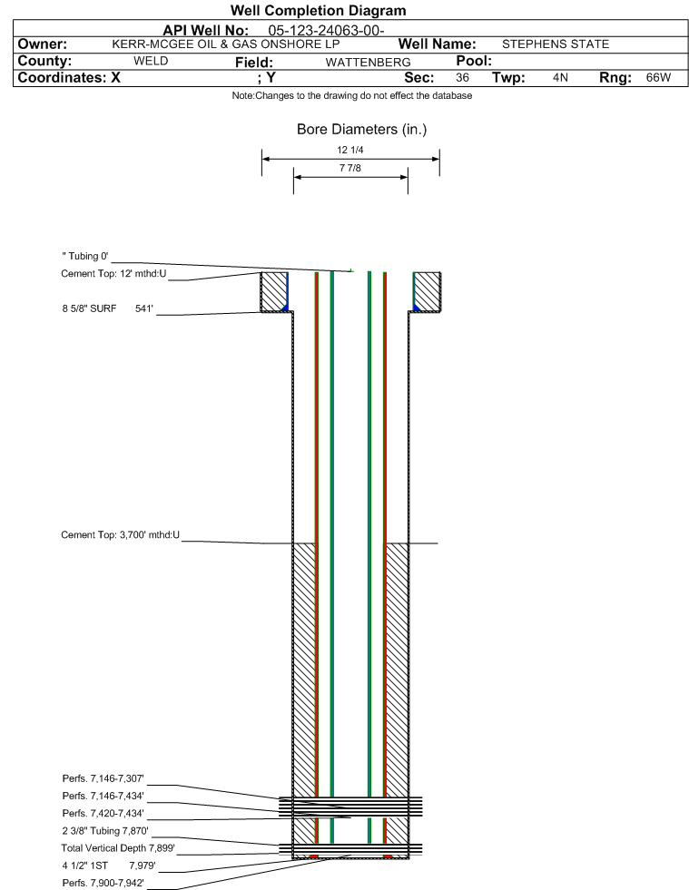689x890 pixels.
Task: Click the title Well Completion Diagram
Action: pyautogui.click(x=318, y=10)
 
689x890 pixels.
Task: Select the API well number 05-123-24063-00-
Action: pyautogui.click(x=326, y=30)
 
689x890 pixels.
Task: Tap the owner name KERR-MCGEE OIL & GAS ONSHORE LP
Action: pyautogui.click(x=226, y=44)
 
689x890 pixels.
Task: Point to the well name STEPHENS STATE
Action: pyautogui.click(x=556, y=44)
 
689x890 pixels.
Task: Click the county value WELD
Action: pyautogui.click(x=151, y=61)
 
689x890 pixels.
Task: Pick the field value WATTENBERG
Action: pyautogui.click(x=368, y=62)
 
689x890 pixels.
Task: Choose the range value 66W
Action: pyautogui.click(x=658, y=77)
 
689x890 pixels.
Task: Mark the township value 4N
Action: pyautogui.click(x=560, y=77)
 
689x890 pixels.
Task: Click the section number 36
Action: pyautogui.click(x=462, y=77)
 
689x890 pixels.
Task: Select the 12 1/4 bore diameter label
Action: pyautogui.click(x=349, y=150)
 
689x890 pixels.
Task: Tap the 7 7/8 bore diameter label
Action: pyautogui.click(x=349, y=168)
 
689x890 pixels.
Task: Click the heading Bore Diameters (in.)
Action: pyautogui.click(x=362, y=130)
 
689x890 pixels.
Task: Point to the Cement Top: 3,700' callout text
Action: pyautogui.click(x=121, y=534)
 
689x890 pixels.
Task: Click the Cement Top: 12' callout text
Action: pyautogui.click(x=113, y=274)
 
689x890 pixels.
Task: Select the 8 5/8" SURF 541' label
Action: pyautogui.click(x=108, y=308)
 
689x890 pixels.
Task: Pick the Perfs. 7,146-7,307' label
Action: pyautogui.click(x=103, y=778)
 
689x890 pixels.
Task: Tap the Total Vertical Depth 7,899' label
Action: pyautogui.click(x=118, y=848)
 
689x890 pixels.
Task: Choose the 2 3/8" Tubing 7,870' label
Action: pyautogui.click(x=105, y=830)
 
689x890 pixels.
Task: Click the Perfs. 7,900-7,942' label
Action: pyautogui.click(x=103, y=883)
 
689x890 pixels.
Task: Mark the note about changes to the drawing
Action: pyautogui.click(x=351, y=95)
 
